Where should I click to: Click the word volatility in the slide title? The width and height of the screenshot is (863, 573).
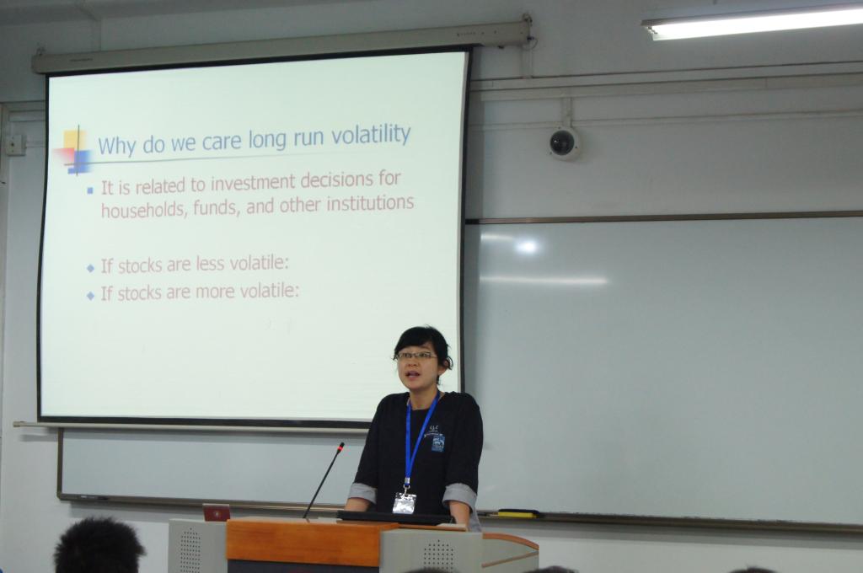point(371,134)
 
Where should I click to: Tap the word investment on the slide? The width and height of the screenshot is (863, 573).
point(247,182)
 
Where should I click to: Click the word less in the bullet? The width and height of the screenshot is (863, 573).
point(210,265)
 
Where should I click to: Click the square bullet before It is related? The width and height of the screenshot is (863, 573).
point(89,190)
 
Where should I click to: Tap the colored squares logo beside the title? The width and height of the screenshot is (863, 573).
point(75,150)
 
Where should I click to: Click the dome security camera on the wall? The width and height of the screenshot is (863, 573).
point(563,143)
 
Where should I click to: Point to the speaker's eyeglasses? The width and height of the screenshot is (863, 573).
point(416,356)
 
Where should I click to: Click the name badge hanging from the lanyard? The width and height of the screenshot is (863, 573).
point(404,502)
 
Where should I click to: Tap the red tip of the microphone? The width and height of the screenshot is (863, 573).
point(341,447)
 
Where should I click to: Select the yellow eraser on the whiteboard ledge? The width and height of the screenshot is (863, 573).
point(517,514)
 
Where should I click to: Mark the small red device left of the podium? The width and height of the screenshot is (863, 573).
point(217,512)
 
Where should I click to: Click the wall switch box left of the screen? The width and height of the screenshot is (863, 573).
point(15,145)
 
